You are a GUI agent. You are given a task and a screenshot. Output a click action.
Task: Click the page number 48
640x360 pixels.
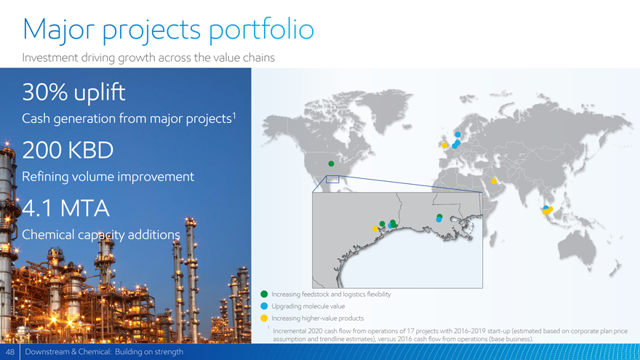click(x=10, y=352)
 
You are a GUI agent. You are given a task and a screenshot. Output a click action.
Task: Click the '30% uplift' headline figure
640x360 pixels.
click(x=73, y=92)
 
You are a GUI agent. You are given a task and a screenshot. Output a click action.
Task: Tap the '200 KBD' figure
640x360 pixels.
click(x=68, y=151)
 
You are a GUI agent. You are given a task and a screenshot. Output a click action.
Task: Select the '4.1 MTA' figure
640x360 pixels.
click(x=65, y=208)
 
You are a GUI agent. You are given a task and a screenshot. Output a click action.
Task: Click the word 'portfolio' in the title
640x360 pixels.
click(x=262, y=30)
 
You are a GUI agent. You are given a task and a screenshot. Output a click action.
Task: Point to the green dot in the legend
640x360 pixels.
click(x=264, y=295)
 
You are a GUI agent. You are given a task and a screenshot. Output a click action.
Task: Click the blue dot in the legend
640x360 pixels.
click(x=264, y=306)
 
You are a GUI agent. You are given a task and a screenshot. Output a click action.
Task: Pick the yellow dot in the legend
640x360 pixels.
click(x=264, y=318)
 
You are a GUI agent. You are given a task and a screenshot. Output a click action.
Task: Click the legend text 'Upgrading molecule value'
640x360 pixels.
click(x=308, y=306)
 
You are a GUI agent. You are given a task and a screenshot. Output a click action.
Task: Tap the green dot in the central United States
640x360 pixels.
click(x=331, y=164)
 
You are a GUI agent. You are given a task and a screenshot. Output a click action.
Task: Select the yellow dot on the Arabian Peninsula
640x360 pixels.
click(x=494, y=181)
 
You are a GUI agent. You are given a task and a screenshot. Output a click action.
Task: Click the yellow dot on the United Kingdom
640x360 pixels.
click(x=444, y=145)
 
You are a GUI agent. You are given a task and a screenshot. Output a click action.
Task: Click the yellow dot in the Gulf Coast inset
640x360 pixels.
click(x=375, y=229)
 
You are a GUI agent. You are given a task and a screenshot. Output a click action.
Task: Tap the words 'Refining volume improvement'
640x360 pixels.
click(x=108, y=177)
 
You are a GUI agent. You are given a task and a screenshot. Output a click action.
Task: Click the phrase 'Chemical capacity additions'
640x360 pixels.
click(x=101, y=235)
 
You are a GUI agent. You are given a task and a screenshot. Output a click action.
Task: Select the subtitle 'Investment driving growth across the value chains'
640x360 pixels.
click(x=148, y=57)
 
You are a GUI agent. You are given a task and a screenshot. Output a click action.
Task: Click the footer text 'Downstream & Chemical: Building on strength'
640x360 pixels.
click(x=104, y=352)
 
